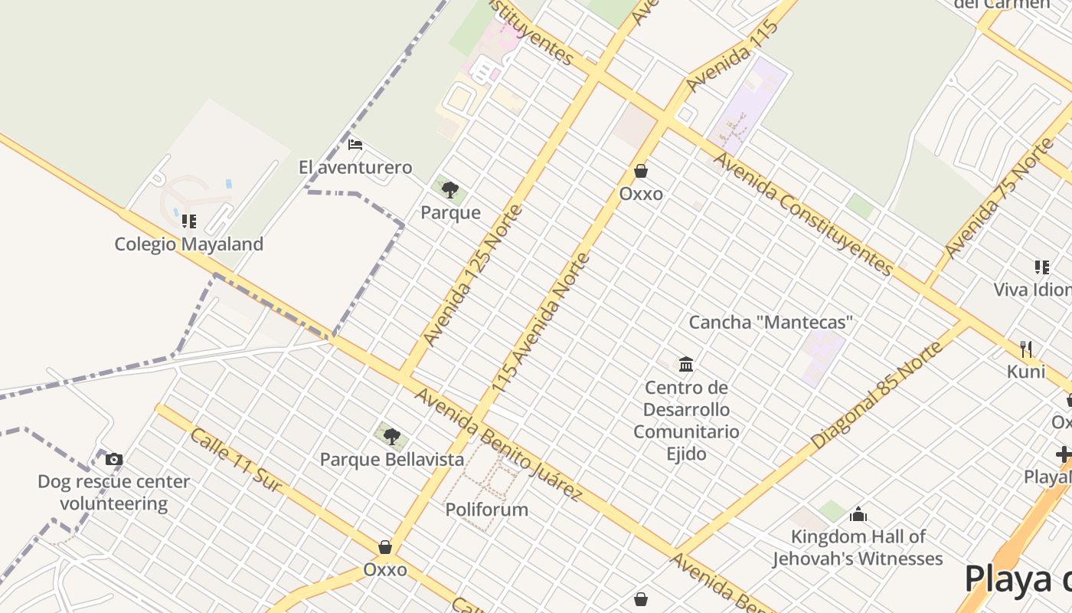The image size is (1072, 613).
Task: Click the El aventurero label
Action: (x=355, y=167)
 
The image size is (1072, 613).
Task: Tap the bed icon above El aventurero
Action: (x=355, y=144)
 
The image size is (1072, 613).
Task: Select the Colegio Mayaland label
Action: (x=188, y=244)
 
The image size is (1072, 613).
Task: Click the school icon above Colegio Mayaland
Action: (x=188, y=221)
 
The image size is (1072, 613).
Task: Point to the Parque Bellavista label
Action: (x=392, y=460)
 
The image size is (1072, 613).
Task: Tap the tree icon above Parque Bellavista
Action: (x=392, y=437)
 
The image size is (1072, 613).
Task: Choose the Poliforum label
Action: (x=487, y=510)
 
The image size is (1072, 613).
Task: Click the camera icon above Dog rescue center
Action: (x=114, y=459)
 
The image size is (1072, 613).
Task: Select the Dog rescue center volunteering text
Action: (x=114, y=493)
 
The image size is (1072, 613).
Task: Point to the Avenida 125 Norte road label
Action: (x=472, y=274)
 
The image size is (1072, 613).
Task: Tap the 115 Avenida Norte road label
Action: (x=541, y=323)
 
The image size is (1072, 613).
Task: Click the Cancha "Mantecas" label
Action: (x=770, y=322)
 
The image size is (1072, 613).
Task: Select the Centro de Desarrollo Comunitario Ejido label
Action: (x=686, y=421)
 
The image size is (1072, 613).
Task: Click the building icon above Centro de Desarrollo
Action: (x=686, y=364)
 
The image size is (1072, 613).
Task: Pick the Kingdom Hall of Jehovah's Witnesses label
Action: (x=858, y=547)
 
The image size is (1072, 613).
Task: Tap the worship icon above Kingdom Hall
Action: (x=858, y=513)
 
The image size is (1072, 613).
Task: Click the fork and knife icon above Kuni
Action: (x=1026, y=349)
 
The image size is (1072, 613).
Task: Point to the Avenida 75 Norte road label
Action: (x=1000, y=198)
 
